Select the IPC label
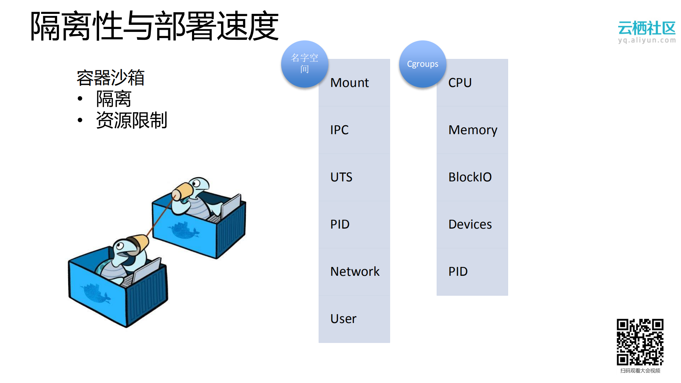(340, 130)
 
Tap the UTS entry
(341, 177)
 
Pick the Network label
(355, 272)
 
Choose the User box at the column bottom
(344, 319)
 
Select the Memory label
(473, 130)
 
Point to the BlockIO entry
(470, 177)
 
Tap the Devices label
(470, 224)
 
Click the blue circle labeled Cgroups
(422, 64)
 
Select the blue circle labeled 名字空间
(304, 64)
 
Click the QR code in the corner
(640, 342)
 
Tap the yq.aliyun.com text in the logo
(647, 40)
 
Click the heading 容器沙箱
(110, 78)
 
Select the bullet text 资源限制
(131, 120)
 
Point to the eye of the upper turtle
(196, 184)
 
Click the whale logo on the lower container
(96, 293)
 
